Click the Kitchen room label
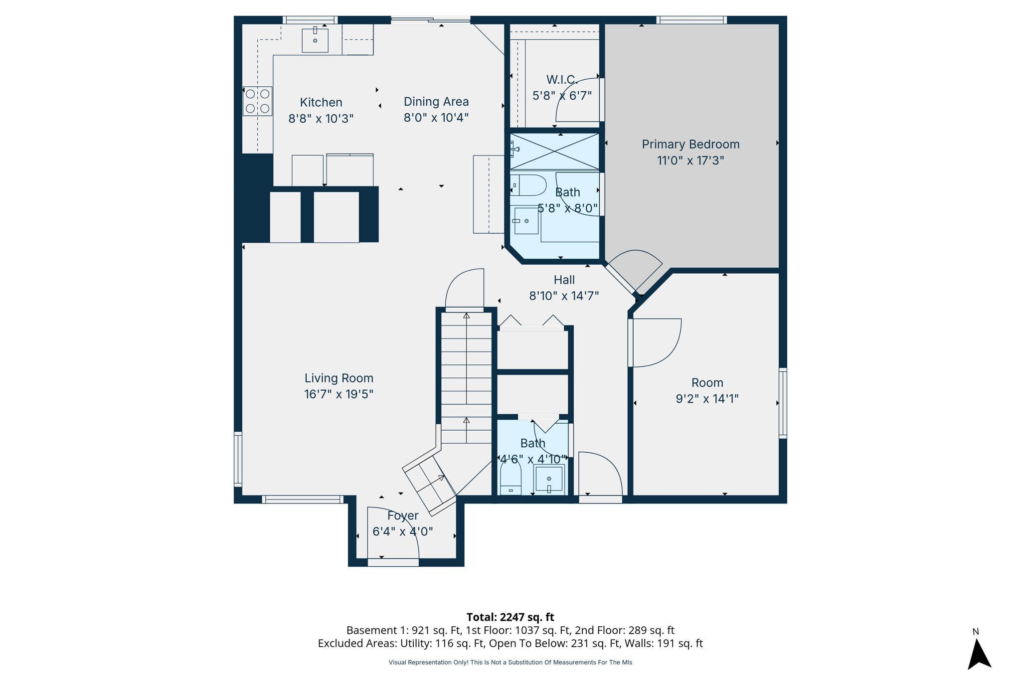[x=321, y=102]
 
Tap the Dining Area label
[x=436, y=102]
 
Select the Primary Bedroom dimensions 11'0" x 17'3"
[x=690, y=161]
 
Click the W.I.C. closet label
[x=562, y=80]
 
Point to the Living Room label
[x=339, y=378]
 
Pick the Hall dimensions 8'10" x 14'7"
[x=564, y=296]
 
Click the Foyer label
[x=403, y=516]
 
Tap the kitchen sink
[x=315, y=40]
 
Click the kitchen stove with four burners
[x=258, y=101]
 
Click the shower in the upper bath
[x=554, y=151]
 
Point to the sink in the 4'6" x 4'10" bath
[x=549, y=479]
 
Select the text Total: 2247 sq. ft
[x=510, y=617]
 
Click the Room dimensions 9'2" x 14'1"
[x=707, y=399]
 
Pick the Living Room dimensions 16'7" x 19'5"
[x=339, y=394]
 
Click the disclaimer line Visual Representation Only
[x=510, y=663]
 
